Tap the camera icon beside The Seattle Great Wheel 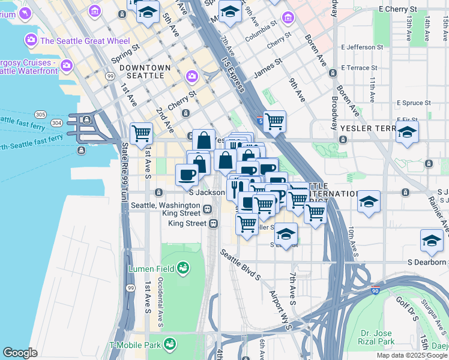pos(30,40)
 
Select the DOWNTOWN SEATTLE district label pos(142,71)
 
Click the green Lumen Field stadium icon pos(184,266)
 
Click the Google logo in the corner pos(20,353)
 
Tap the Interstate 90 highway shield pos(376,290)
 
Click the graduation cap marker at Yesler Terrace pos(407,133)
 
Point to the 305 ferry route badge pos(40,114)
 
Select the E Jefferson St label pos(361,47)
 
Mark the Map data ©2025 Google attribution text pos(412,355)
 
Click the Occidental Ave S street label pos(160,302)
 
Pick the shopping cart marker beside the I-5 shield pos(274,121)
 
